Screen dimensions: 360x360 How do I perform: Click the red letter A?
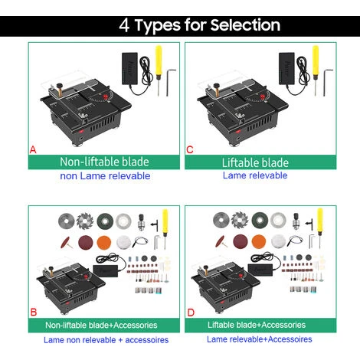click(33, 149)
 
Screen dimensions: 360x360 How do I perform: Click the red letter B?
click(34, 312)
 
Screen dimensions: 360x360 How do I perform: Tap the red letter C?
click(190, 149)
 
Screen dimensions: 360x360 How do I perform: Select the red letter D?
click(191, 313)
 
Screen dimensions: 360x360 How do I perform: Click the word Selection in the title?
click(245, 25)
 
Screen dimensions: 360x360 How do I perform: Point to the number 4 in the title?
click(124, 25)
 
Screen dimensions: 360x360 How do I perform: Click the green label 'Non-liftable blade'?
click(104, 162)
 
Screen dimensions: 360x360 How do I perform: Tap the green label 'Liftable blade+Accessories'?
click(257, 325)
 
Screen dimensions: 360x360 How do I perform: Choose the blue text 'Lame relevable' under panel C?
click(255, 175)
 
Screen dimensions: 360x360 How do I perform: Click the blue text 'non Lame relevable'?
click(105, 176)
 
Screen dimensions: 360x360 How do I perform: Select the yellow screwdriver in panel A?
click(159, 70)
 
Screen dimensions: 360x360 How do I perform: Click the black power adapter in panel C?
click(286, 68)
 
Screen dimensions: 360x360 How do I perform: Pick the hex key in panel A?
click(169, 82)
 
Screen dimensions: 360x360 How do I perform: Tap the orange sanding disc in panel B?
click(104, 242)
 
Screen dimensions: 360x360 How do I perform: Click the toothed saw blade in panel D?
click(240, 220)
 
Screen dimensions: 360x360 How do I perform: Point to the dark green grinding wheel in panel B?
click(105, 221)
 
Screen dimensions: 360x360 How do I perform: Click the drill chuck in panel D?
click(296, 221)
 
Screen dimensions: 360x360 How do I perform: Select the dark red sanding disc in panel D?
click(241, 241)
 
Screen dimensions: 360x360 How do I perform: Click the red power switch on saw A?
click(81, 132)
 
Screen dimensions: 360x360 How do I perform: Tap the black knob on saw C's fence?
click(216, 85)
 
